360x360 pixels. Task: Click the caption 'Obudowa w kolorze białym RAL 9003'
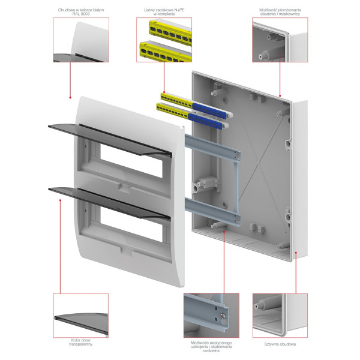[81, 12]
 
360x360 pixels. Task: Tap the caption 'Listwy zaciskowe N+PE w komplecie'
[164, 12]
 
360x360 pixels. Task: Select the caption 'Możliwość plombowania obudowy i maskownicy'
[280, 12]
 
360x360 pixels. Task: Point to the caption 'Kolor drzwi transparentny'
[81, 342]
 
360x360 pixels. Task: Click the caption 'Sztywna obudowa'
[280, 344]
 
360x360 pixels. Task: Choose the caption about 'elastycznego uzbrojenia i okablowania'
[211, 346]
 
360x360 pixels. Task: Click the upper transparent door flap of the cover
[110, 139]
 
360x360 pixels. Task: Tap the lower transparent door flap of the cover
[109, 203]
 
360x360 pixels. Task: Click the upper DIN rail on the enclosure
[212, 148]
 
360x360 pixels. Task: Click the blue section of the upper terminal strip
[209, 111]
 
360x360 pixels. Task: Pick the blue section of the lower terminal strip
[205, 122]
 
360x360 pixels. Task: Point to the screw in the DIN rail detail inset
[223, 316]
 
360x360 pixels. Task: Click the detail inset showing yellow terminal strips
[164, 40]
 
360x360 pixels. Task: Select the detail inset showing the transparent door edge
[81, 316]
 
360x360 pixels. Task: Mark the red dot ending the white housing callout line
[70, 98]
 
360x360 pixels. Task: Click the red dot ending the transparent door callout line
[60, 200]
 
